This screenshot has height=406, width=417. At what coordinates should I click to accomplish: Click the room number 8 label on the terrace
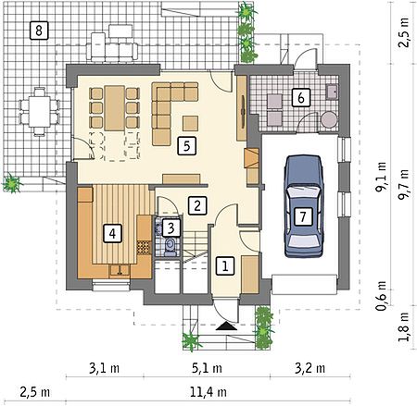(39, 31)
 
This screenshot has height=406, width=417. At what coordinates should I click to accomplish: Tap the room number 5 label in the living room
(186, 145)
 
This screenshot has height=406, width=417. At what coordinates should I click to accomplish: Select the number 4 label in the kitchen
(112, 233)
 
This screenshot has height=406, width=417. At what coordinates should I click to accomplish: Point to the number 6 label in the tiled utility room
(301, 98)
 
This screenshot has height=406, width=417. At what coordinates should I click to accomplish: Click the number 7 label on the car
(303, 216)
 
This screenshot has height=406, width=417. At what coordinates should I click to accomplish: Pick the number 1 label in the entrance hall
(225, 265)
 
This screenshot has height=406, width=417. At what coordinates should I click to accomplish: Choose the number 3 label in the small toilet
(171, 228)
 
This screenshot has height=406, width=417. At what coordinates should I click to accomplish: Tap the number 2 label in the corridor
(197, 205)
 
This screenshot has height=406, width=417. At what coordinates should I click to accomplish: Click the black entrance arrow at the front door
(226, 326)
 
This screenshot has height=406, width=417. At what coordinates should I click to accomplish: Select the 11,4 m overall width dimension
(208, 392)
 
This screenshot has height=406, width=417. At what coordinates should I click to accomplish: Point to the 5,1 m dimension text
(207, 368)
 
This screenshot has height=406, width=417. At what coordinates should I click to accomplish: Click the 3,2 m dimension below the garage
(310, 368)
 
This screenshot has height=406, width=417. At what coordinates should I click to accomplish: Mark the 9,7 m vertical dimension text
(403, 185)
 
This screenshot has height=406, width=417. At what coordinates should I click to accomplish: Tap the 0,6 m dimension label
(381, 295)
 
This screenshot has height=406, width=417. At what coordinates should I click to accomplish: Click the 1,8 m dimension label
(403, 326)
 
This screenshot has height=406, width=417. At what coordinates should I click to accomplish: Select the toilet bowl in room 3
(170, 246)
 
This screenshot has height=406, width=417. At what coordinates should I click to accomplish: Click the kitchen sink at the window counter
(120, 270)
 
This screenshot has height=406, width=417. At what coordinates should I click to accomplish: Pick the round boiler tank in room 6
(328, 119)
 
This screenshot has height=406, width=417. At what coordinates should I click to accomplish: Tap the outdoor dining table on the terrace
(39, 111)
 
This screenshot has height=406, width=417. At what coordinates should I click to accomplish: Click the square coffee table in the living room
(190, 123)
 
